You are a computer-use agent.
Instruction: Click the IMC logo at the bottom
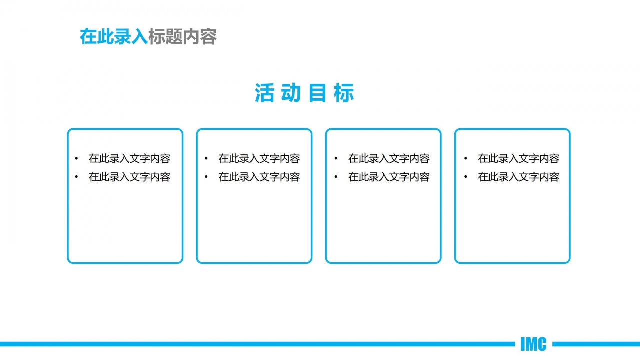tap(533, 344)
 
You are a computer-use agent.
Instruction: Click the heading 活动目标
tap(304, 93)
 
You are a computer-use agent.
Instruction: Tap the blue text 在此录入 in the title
tap(114, 37)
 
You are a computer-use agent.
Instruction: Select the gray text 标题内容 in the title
tap(182, 37)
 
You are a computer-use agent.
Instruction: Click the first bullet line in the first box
tap(129, 159)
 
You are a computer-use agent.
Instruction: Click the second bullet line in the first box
tap(129, 177)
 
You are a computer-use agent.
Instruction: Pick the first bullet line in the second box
tap(259, 159)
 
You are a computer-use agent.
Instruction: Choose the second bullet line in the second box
tap(259, 177)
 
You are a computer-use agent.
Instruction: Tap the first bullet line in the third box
tap(389, 159)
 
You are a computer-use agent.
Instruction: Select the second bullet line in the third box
tap(389, 177)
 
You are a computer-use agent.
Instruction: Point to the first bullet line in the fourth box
tap(518, 159)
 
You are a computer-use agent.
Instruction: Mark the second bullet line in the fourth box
tap(518, 177)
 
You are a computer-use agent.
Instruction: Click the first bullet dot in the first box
tap(76, 159)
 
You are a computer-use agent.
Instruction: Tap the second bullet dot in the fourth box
tap(465, 177)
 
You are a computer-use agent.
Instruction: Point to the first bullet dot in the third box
tap(336, 159)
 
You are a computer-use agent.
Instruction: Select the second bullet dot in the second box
tap(206, 177)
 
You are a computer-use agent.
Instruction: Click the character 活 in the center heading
tap(264, 93)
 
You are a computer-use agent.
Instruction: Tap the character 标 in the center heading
tap(344, 93)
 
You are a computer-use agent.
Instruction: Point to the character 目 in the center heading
tap(318, 93)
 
